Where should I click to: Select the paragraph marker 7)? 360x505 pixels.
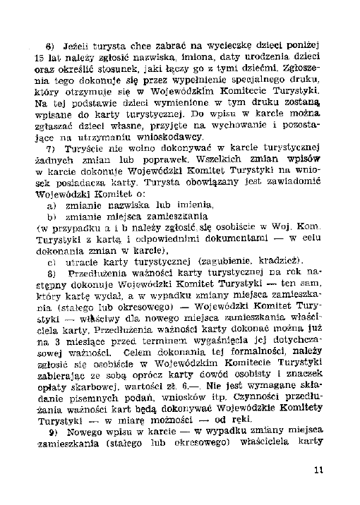tap(50, 150)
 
